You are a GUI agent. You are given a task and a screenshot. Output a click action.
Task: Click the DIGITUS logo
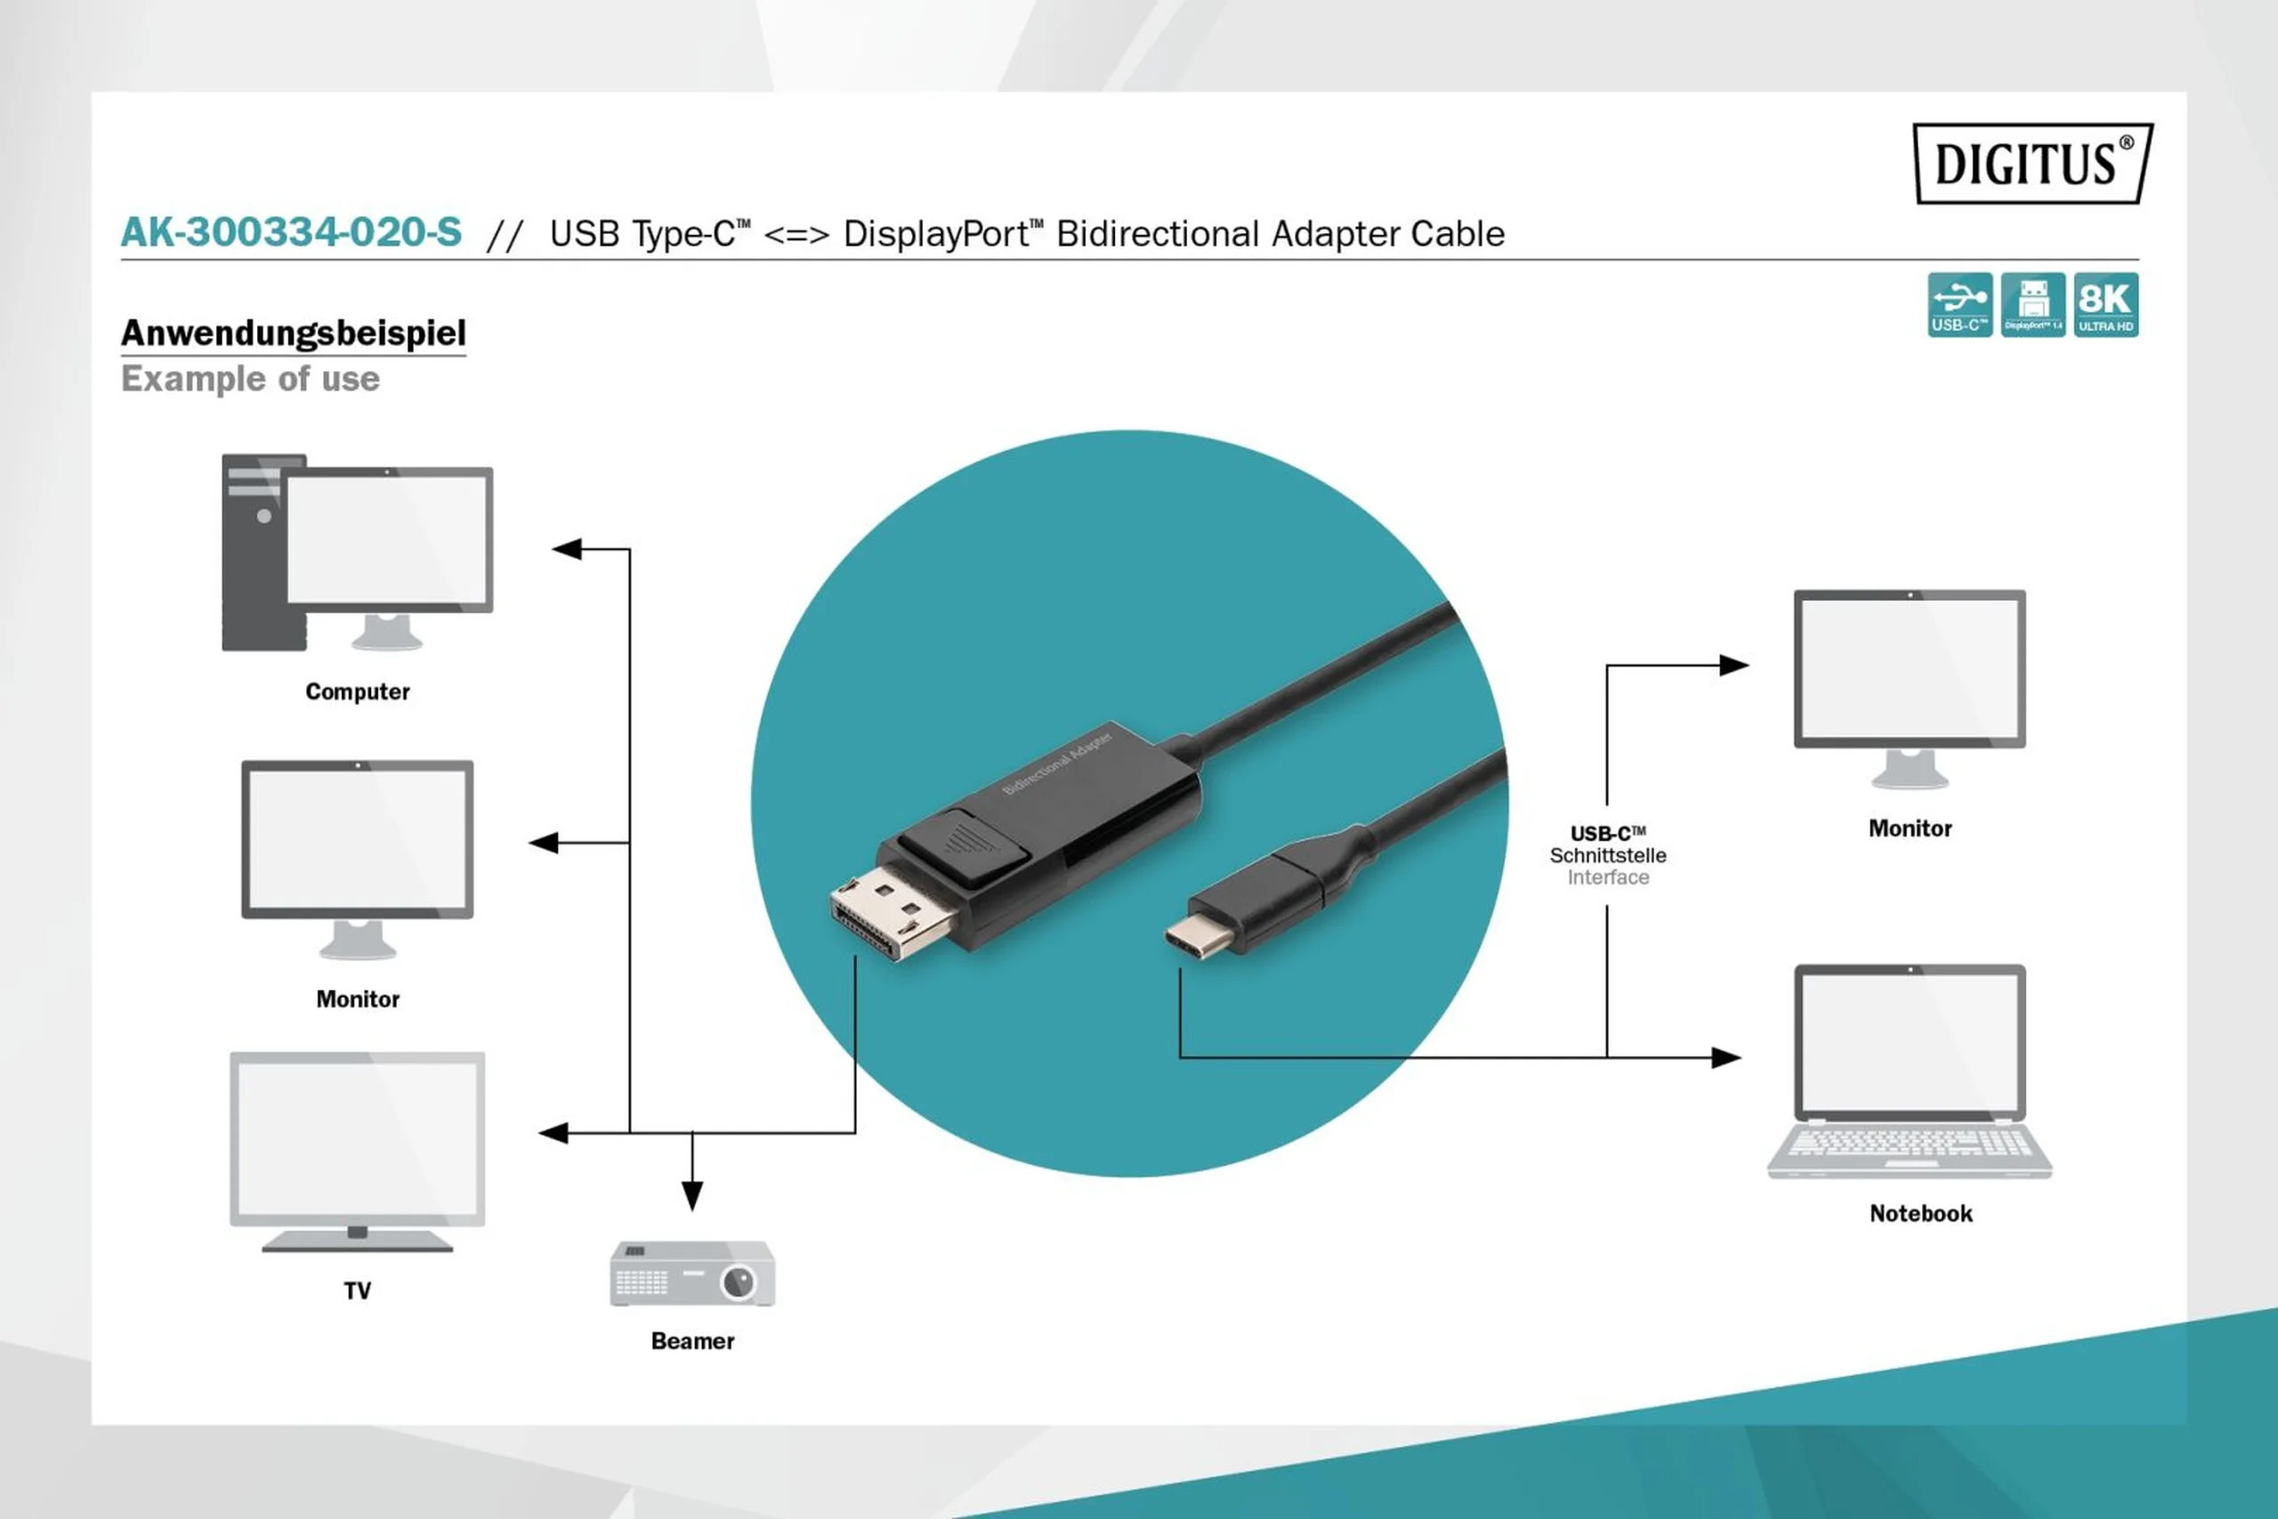click(2032, 163)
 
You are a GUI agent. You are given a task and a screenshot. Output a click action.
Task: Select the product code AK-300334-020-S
click(291, 232)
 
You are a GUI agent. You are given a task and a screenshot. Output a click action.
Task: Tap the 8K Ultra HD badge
click(2105, 305)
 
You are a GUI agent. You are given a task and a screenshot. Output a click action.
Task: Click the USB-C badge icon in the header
click(1959, 305)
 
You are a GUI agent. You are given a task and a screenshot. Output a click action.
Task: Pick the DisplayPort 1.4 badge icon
click(2032, 305)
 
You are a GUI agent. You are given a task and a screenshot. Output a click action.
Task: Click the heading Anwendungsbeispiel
click(293, 333)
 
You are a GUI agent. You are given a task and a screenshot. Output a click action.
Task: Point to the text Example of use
click(250, 379)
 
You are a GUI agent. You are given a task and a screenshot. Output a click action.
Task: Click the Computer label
click(358, 691)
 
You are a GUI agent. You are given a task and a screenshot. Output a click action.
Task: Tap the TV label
click(358, 1290)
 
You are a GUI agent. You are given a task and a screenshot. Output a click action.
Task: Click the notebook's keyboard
click(1909, 1145)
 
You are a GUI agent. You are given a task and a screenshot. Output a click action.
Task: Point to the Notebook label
click(1919, 1214)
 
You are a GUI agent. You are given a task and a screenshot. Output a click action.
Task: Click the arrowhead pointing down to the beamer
click(691, 1196)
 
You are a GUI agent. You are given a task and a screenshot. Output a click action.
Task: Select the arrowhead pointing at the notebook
click(1725, 1057)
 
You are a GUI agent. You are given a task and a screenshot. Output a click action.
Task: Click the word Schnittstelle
click(1608, 855)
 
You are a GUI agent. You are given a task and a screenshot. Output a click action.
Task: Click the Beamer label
click(691, 1341)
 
